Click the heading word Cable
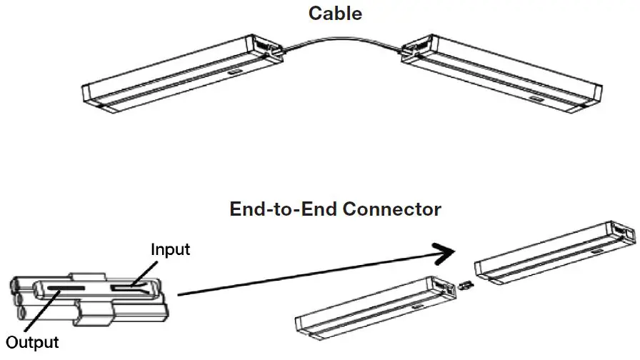335,13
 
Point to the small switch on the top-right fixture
537,94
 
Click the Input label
170,249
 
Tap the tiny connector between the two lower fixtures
465,285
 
